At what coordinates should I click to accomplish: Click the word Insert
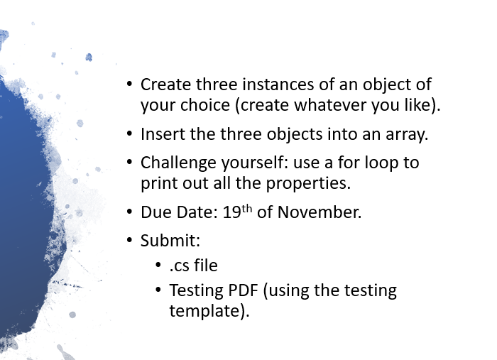pyautogui.click(x=162, y=134)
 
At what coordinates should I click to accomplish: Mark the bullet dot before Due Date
pyautogui.click(x=129, y=212)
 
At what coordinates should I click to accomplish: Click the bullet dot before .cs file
pyautogui.click(x=158, y=266)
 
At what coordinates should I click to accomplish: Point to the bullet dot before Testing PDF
pyautogui.click(x=158, y=290)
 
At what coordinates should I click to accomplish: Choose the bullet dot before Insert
pyautogui.click(x=129, y=134)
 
